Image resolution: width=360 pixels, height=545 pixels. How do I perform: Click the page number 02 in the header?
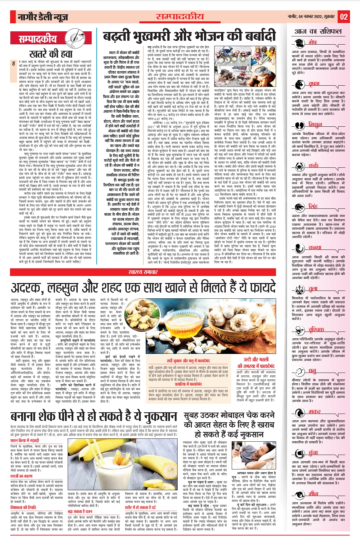coord(344,17)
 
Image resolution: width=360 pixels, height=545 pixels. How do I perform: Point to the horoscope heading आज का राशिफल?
coord(318,31)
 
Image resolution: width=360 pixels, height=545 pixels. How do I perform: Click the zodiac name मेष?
coord(312,42)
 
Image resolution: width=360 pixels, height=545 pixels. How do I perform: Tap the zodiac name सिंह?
coord(313,206)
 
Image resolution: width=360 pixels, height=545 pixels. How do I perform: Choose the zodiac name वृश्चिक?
coord(316,330)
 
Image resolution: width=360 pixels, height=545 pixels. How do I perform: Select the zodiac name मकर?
coord(314,411)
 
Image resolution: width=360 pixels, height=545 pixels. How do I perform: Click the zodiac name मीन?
coord(313,494)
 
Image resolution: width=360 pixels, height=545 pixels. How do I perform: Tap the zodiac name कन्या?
coord(315,247)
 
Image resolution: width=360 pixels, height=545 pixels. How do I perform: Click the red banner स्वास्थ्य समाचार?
coord(143,272)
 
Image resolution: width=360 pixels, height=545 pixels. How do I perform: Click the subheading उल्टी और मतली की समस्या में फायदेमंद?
coord(256,363)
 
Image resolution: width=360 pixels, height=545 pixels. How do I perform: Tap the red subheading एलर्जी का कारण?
coord(21,476)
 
